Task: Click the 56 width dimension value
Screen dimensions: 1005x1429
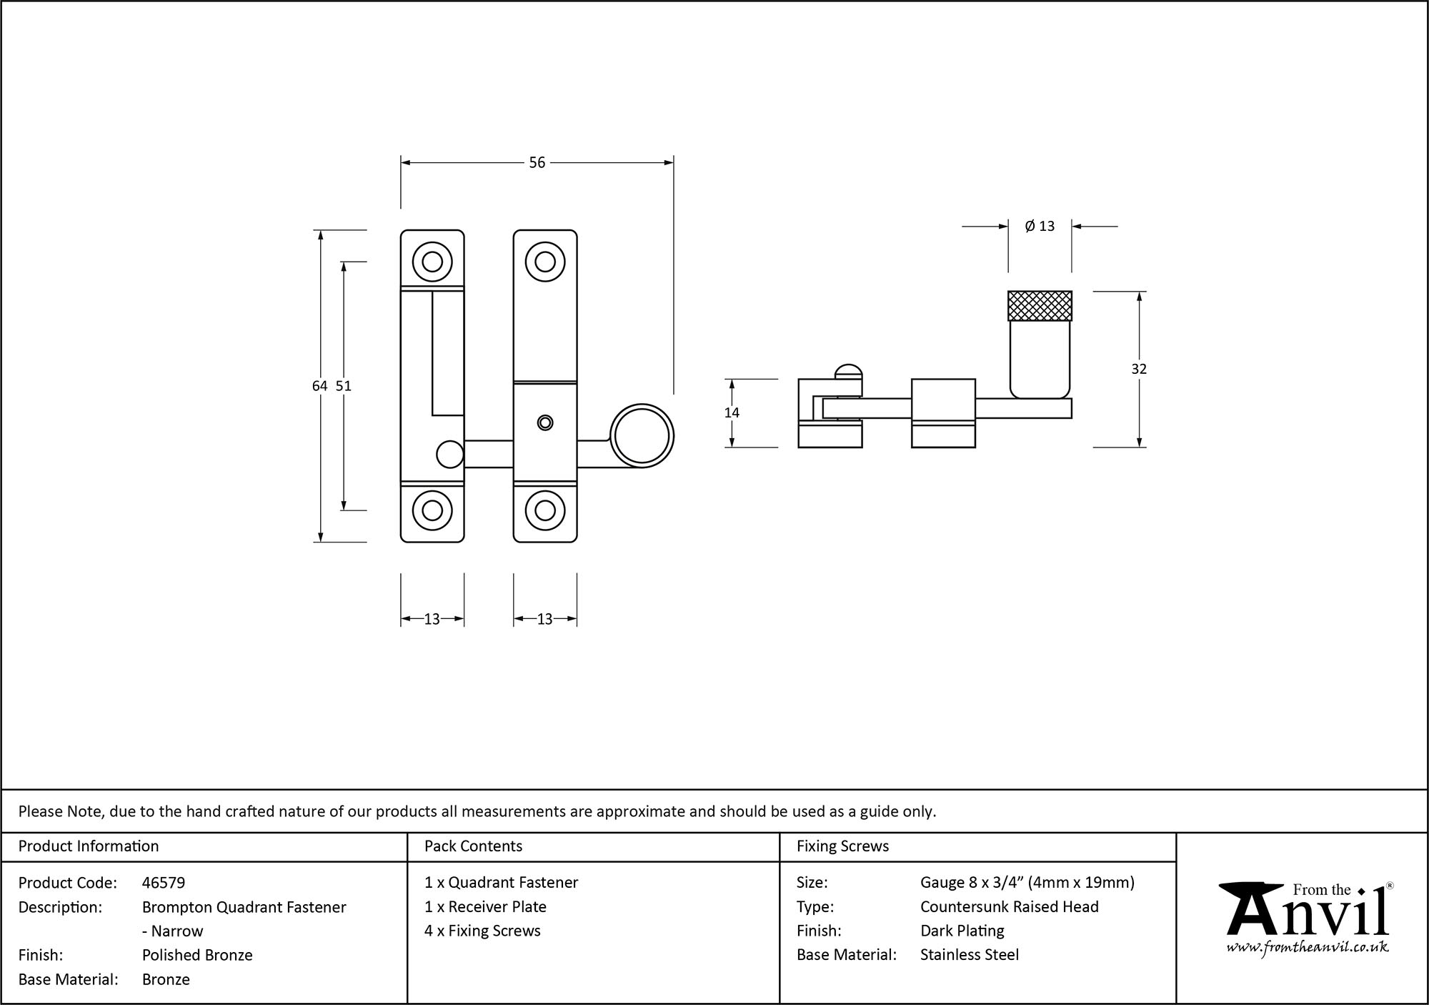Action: click(537, 163)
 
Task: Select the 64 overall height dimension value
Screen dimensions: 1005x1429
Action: click(319, 386)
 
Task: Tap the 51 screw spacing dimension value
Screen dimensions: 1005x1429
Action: click(344, 386)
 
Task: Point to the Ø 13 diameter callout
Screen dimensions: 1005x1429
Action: click(1040, 227)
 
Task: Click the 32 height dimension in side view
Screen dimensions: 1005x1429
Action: click(1139, 369)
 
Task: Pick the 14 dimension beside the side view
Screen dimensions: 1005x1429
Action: click(732, 412)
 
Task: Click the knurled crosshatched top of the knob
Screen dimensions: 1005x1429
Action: click(1040, 306)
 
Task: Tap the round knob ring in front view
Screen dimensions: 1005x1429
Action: click(642, 436)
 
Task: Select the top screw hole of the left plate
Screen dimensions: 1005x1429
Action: click(432, 262)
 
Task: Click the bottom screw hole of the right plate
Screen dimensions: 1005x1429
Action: click(545, 510)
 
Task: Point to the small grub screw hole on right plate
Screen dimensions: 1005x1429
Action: click(545, 422)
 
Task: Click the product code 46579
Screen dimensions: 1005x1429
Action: click(164, 883)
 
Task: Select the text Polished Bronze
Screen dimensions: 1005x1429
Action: click(197, 955)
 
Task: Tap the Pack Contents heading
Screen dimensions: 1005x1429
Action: click(473, 846)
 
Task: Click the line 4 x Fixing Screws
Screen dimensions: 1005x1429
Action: click(482, 931)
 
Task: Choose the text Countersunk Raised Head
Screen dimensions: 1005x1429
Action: click(1009, 906)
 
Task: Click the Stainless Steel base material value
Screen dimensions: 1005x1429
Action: click(969, 955)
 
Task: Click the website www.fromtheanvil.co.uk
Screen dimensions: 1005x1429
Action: click(1307, 948)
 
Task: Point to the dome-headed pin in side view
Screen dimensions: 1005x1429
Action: click(848, 372)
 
